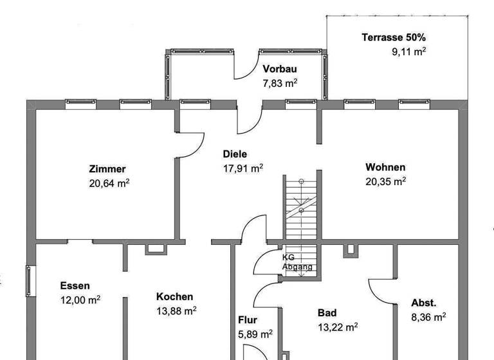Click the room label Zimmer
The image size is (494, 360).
[107, 170]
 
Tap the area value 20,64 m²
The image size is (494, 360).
[110, 183]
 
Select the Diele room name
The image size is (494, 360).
[235, 154]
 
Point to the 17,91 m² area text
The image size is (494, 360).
[242, 168]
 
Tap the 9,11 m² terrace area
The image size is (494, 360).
[409, 51]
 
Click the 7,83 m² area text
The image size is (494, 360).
[280, 83]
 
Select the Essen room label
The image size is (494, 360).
[75, 285]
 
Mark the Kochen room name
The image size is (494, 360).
[174, 297]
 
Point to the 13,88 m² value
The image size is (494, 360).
[176, 311]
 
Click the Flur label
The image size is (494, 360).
[248, 319]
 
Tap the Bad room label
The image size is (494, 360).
[327, 313]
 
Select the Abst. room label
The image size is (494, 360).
[424, 303]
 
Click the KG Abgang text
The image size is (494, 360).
[297, 262]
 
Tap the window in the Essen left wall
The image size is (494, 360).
[28, 282]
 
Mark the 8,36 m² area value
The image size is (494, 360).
[428, 317]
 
